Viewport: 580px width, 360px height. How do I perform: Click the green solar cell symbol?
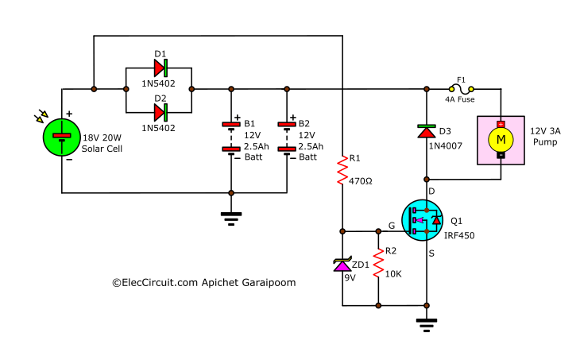[x=61, y=137]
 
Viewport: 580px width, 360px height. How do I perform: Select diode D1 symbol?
[x=160, y=68]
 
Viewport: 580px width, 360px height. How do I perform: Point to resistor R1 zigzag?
[x=342, y=169]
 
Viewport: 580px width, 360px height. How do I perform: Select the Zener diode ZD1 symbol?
[x=342, y=265]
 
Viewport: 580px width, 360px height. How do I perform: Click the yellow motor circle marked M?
[x=501, y=140]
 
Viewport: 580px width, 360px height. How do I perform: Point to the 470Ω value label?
[x=361, y=181]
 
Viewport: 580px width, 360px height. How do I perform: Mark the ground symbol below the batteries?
[x=231, y=217]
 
